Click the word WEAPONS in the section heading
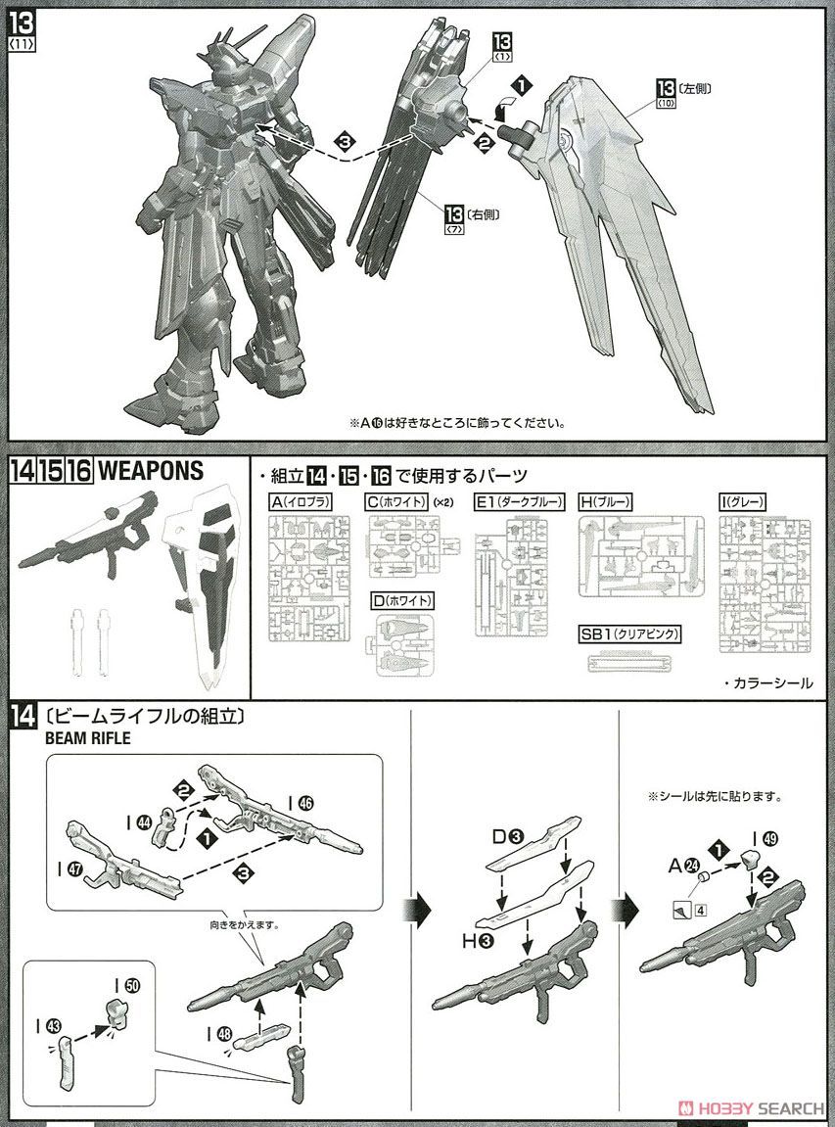pyautogui.click(x=151, y=471)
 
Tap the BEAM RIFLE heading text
pyautogui.click(x=88, y=739)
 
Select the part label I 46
pyautogui.click(x=301, y=801)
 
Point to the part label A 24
pyautogui.click(x=681, y=865)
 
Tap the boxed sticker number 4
pyautogui.click(x=700, y=911)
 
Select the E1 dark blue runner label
pyautogui.click(x=520, y=501)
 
